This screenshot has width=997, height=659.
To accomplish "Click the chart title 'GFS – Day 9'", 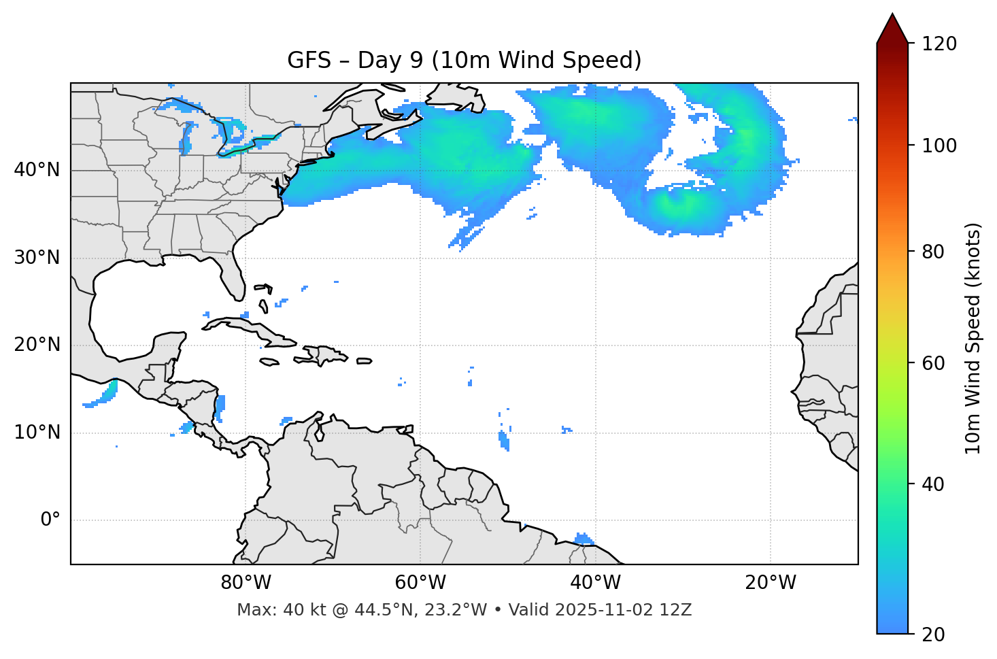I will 464,61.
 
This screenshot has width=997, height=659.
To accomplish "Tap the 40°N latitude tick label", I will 37,170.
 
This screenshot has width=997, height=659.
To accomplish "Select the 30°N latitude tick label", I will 37,258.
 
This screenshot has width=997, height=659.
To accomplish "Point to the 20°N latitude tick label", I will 37,345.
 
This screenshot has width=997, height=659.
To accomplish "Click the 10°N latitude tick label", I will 37,433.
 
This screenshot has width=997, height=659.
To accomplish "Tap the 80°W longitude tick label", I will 246,583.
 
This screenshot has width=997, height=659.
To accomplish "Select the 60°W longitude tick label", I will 420,583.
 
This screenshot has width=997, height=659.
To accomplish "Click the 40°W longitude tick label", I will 595,583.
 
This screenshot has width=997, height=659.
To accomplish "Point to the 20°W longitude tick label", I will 771,583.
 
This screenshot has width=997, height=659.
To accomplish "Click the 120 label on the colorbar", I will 939,44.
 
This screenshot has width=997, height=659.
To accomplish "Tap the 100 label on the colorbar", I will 939,146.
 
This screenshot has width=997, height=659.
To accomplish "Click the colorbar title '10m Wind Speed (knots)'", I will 973,339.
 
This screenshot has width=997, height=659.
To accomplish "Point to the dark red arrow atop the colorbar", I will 892,29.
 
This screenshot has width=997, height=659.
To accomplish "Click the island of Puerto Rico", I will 365,361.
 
